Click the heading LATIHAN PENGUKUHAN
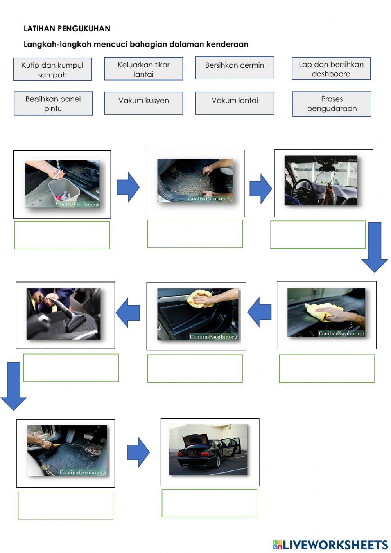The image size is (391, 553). tap(67, 29)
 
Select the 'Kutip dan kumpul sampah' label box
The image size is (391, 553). tap(52, 69)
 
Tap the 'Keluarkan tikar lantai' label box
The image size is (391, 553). tap(143, 69)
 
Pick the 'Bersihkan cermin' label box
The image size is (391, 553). tap(235, 68)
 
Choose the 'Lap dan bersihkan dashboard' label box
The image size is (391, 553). tap(331, 68)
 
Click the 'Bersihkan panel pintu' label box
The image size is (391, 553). tap(53, 103)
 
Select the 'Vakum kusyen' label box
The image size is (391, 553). tap(143, 103)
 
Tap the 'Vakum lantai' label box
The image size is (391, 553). tap(235, 103)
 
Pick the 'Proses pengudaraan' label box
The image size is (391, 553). tap(332, 104)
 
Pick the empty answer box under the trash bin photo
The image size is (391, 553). tap(62, 235)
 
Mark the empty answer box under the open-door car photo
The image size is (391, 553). tap(210, 503)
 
